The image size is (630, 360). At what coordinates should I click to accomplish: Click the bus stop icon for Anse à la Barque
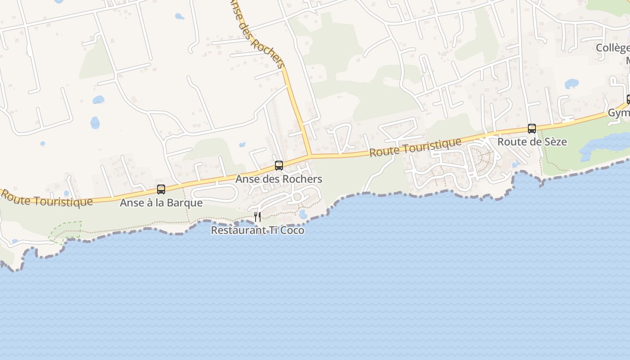point(161,189)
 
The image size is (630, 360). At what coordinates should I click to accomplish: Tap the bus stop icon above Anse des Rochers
point(279,166)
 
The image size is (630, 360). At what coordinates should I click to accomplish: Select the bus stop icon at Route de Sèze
point(532,129)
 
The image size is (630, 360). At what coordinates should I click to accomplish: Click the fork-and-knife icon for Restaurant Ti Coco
point(257,217)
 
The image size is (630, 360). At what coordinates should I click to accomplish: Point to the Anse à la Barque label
point(161,203)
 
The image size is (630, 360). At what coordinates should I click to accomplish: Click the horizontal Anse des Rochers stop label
point(279,179)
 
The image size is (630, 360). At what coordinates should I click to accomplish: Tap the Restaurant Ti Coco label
point(257,230)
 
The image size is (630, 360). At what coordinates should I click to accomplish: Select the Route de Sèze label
point(532,142)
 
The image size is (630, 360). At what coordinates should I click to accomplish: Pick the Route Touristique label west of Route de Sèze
point(415,147)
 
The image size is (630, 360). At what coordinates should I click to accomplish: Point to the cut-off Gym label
point(619,113)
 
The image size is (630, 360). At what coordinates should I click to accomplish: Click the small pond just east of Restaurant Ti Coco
point(303,214)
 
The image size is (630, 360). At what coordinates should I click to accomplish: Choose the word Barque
point(185,203)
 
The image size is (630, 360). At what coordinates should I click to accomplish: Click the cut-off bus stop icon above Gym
point(628,99)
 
